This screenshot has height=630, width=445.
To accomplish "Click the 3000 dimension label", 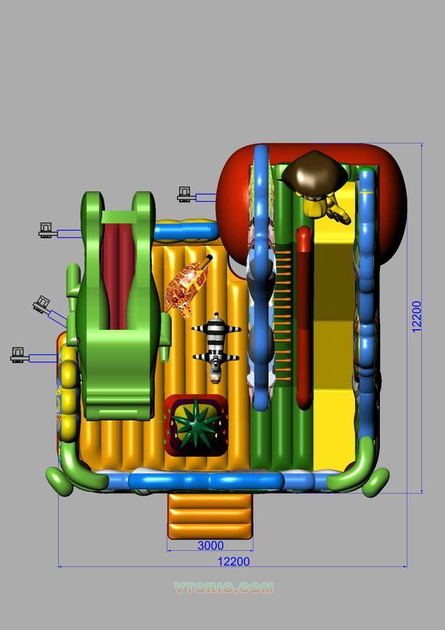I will tap(210, 546).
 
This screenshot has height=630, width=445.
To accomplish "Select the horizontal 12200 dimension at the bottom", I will tap(233, 561).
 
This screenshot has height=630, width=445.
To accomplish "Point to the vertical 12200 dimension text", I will tap(417, 316).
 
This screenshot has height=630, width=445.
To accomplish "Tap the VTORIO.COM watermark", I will tap(224, 588).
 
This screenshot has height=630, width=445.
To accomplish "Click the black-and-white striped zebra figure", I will tap(216, 346).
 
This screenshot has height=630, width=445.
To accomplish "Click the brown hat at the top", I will tap(315, 171).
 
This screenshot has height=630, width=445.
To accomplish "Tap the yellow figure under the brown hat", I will tap(324, 206).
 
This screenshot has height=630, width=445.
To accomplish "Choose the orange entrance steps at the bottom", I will tap(210, 514).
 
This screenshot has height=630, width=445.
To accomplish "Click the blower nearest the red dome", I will tap(185, 194).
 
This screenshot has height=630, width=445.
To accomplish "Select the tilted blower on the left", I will tap(42, 304).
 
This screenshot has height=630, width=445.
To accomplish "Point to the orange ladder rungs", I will tap(284, 315).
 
